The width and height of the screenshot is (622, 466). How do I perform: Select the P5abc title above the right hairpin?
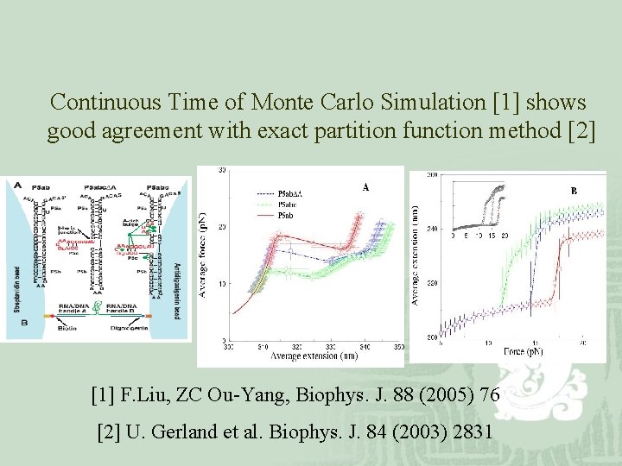click(x=157, y=186)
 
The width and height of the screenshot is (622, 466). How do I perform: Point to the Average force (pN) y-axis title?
click(x=204, y=254)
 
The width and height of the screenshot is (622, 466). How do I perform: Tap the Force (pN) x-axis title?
click(x=524, y=351)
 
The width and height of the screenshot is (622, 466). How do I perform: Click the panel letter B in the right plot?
click(x=573, y=191)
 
